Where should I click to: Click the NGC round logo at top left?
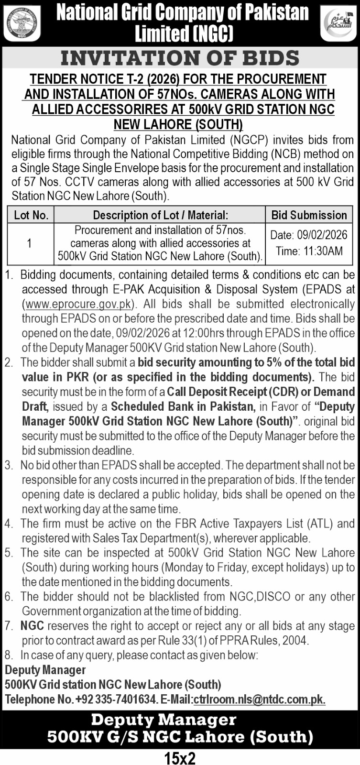coord(22,23)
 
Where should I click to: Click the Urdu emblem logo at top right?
coord(338,23)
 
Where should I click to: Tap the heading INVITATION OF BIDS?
coord(180,58)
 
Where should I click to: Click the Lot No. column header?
coord(31,215)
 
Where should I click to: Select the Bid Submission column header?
coord(309,215)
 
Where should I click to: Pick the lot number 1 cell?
coord(30,243)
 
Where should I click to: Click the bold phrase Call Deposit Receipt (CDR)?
coord(227,392)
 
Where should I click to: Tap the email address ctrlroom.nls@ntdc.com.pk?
coord(259,699)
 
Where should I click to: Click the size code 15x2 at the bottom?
coord(180,757)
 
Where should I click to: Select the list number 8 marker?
coord(8,655)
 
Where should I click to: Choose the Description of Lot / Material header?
coord(160,215)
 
